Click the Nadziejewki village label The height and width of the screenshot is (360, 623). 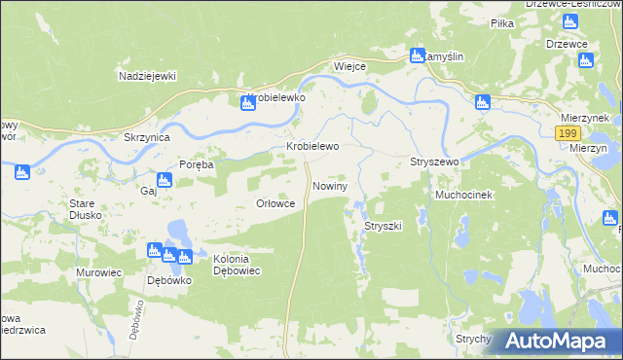(x=146, y=76)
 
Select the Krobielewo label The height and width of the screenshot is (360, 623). (x=311, y=147)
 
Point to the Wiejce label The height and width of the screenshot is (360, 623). (x=349, y=67)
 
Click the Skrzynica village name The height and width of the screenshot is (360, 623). (x=147, y=138)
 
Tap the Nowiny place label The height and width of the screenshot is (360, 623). (x=330, y=185)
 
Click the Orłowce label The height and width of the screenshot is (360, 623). (x=275, y=203)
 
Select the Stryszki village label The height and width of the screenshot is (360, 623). (x=383, y=226)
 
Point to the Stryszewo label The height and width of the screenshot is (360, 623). (x=434, y=162)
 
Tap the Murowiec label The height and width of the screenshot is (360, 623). (x=98, y=273)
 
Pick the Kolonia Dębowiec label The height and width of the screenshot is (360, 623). (x=238, y=265)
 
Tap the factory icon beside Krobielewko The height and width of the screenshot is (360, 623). (x=248, y=102)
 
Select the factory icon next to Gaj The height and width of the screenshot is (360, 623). (x=165, y=180)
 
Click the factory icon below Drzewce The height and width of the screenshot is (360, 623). (x=585, y=60)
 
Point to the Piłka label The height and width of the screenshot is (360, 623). (x=502, y=22)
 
